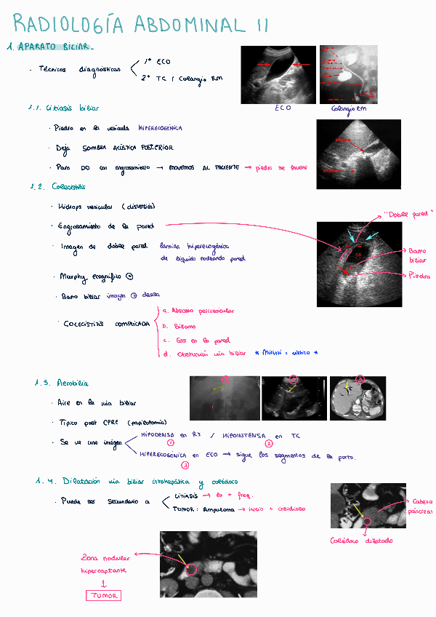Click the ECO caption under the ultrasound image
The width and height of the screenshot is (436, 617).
point(283,108)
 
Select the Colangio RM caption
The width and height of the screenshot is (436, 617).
point(349,108)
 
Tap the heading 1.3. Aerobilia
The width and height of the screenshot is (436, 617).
point(62,383)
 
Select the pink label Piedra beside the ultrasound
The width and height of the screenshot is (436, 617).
point(419,276)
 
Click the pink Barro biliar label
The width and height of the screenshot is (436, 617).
point(417,255)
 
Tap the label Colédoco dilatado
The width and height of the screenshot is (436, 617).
point(361,541)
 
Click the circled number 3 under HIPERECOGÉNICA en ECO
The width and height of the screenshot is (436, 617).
point(185,465)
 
